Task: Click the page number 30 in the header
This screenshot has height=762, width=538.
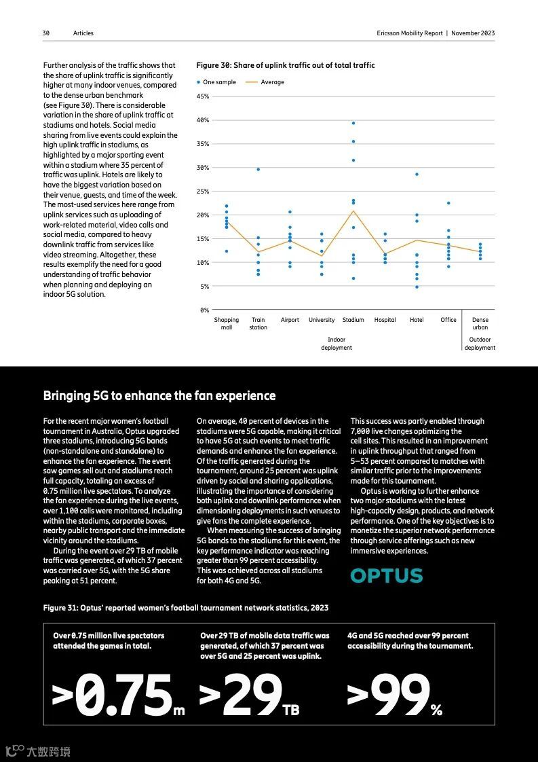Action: point(46,33)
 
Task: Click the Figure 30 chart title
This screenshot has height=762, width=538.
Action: point(285,65)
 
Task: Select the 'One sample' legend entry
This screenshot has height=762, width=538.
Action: point(217,82)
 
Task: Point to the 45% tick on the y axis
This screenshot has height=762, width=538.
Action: point(202,96)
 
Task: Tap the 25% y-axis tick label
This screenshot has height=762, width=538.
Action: point(202,192)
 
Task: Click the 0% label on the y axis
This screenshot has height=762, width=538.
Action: point(204,310)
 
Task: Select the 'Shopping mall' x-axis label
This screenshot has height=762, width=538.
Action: point(227,323)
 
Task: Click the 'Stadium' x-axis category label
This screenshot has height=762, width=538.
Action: point(353,320)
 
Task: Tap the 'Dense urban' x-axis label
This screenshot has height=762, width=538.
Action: point(480,323)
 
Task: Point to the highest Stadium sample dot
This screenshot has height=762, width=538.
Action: point(353,123)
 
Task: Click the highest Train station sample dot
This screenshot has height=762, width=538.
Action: point(258,169)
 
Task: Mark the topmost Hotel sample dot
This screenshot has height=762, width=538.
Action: point(417,175)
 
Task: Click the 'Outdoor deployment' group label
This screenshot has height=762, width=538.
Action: point(480,344)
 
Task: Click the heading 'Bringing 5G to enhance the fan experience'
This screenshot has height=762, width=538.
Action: point(159,395)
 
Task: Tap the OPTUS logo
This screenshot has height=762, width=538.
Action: point(386,576)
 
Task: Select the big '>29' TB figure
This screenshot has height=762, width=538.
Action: point(242,695)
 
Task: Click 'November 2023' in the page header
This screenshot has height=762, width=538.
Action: point(473,33)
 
